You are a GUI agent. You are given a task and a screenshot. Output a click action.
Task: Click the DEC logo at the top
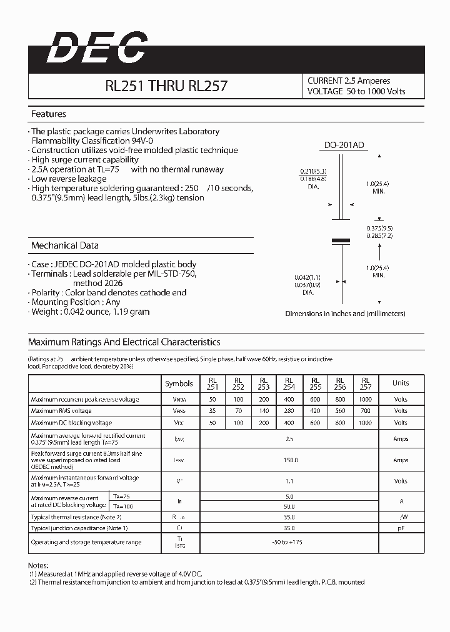(x=97, y=48)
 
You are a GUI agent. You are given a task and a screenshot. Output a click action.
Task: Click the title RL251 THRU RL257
(x=166, y=86)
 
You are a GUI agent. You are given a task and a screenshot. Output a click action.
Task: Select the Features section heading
(x=49, y=114)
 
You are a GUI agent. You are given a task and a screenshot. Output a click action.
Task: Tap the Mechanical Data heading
(x=64, y=245)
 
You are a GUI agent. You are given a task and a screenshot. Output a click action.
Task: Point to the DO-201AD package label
(x=343, y=146)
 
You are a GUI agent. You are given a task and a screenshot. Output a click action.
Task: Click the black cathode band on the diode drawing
(x=340, y=240)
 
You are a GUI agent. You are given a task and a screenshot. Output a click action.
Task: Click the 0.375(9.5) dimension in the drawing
(x=379, y=228)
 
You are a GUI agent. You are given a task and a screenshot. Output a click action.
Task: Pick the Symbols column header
(x=179, y=383)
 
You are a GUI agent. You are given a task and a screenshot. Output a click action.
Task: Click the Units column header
(x=401, y=383)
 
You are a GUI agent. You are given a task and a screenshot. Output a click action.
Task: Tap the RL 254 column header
(x=289, y=383)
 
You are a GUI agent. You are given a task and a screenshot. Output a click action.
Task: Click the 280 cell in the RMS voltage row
(x=289, y=411)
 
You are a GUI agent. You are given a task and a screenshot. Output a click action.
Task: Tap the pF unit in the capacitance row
(x=401, y=528)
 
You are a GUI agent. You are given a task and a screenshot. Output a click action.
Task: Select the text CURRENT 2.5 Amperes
(x=349, y=81)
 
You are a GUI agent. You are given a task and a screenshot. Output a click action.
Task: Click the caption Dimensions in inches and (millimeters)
(x=345, y=314)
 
